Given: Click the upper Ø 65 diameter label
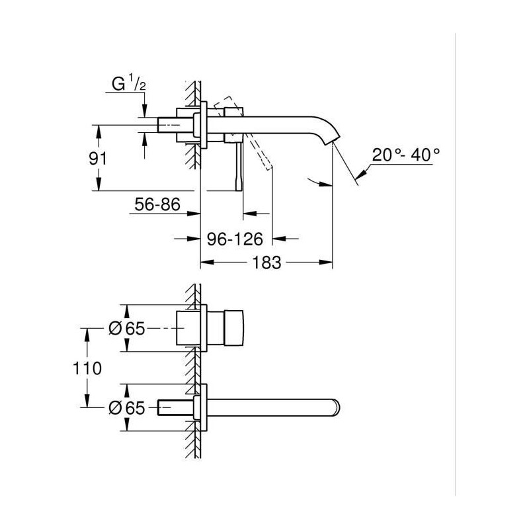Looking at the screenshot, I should click(x=126, y=329).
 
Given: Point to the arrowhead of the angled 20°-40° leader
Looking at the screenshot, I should click(x=358, y=175).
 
